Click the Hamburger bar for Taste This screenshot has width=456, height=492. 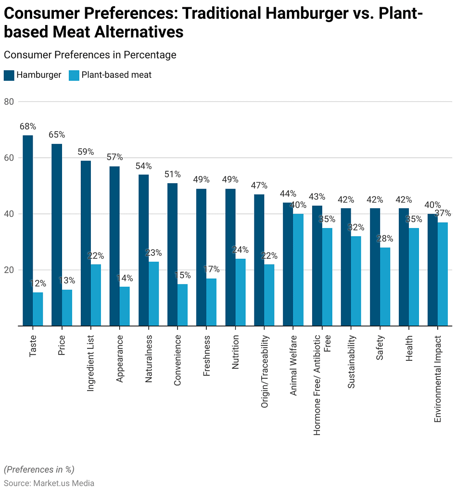pyautogui.click(x=28, y=230)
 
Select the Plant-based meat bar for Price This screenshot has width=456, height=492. pyautogui.click(x=67, y=308)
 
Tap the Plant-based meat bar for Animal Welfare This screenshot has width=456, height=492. pyautogui.click(x=298, y=270)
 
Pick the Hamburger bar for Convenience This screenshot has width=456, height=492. pyautogui.click(x=172, y=254)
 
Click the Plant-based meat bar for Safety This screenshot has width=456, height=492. pyautogui.click(x=385, y=287)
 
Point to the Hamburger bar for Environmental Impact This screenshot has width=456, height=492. pyautogui.click(x=432, y=270)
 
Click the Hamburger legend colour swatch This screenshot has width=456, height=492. pyautogui.click(x=9, y=75)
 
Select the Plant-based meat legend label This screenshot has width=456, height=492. pyautogui.click(x=116, y=75)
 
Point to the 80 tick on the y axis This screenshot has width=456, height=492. pyautogui.click(x=9, y=101)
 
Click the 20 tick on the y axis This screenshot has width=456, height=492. pyautogui.click(x=9, y=270)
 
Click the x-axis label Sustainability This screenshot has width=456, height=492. pyautogui.click(x=351, y=362)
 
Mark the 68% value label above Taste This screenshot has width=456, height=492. pyautogui.click(x=28, y=126)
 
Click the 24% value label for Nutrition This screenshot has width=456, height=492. pyautogui.click(x=240, y=250)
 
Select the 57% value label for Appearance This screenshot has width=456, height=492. pyautogui.click(x=114, y=157)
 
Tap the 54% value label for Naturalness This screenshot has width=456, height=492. pyautogui.click(x=143, y=166)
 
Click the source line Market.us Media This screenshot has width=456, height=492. pyautogui.click(x=49, y=483)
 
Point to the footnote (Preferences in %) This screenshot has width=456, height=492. pyautogui.click(x=39, y=469)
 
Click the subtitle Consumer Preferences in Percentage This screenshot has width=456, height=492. pyautogui.click(x=90, y=55)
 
